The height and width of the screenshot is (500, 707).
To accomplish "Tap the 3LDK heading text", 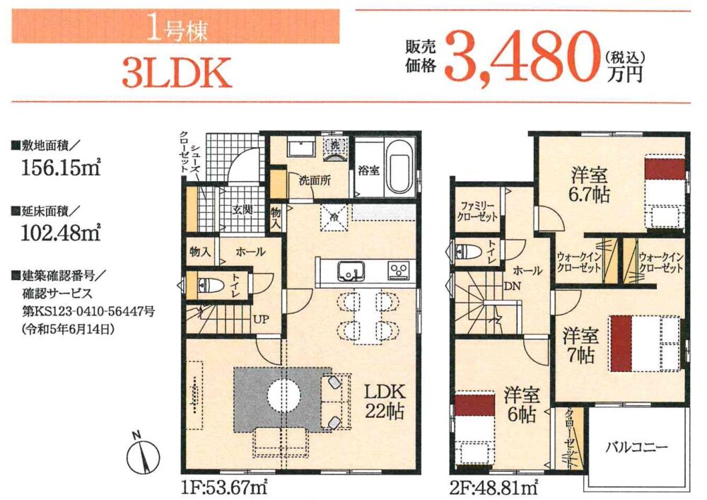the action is coord(177,73).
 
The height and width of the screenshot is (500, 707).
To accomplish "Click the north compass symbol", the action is coord(144,454).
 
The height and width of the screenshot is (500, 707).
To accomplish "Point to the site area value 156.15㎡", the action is coord(60,168).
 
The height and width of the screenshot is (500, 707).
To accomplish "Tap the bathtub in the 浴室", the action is coord(400,168).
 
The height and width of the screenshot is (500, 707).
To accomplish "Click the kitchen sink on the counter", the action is coord(351,272).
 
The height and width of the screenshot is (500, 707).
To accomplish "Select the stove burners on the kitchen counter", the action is coord(399,271).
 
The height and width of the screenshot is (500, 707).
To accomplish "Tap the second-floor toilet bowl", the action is coord(468,250).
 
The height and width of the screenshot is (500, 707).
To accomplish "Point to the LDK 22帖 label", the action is coord(385,401).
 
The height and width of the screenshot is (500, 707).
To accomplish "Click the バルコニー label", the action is coord(636,448).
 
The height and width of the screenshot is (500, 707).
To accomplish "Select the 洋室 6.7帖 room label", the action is coord(590,185).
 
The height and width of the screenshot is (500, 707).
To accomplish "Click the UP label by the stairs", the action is coord(261,320).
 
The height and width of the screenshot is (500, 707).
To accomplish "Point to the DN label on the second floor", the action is coord(512,286).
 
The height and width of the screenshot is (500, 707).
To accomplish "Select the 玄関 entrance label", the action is coord(243,211).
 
